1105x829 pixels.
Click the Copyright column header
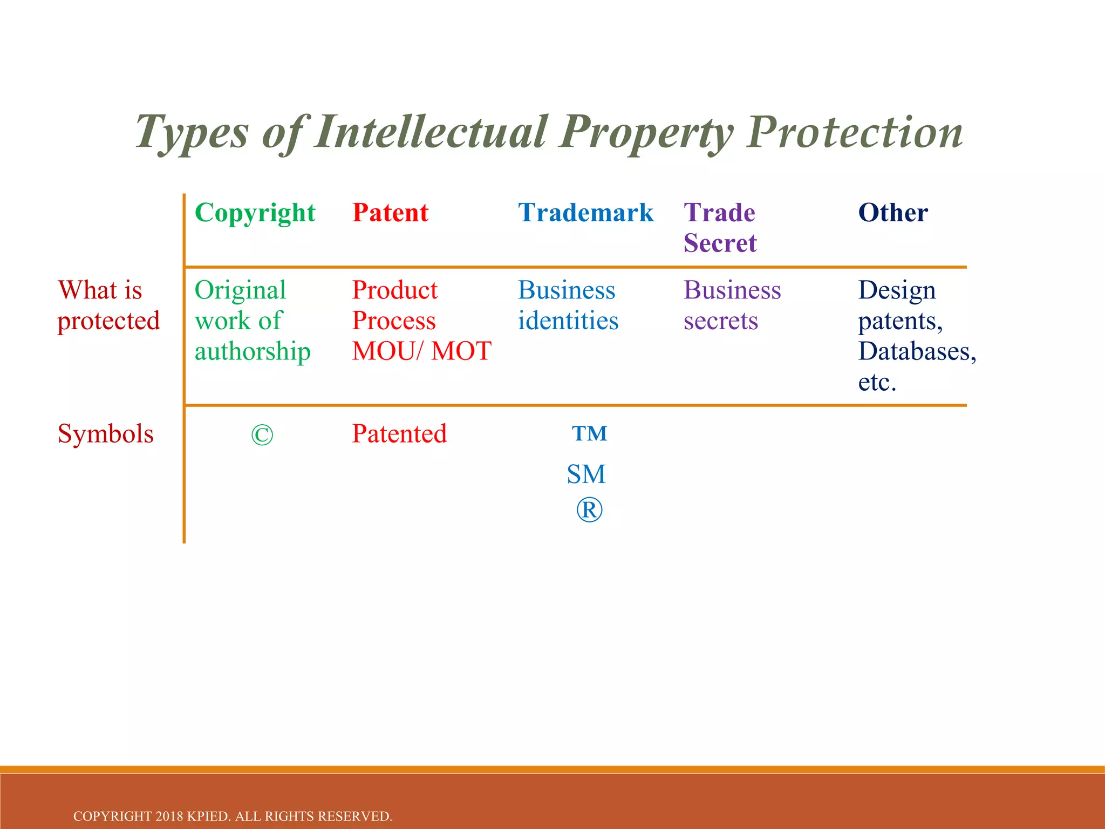coord(255,213)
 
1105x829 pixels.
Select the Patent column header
coord(390,213)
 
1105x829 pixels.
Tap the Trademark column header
coord(585,213)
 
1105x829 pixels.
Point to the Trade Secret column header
coord(720,228)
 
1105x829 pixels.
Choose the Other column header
coord(893,213)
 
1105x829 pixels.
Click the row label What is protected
coord(108,305)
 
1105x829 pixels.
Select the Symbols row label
coord(106,434)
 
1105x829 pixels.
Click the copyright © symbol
coord(262,436)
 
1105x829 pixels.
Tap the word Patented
coord(399,434)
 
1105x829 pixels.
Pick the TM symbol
coord(590,434)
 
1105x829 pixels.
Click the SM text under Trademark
coord(586,475)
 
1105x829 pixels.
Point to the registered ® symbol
coord(589,511)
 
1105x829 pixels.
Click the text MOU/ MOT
coord(421,351)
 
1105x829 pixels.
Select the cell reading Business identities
coord(568,305)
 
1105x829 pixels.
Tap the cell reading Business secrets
coord(732,305)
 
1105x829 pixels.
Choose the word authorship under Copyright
coord(253,352)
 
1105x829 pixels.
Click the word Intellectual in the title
coord(431,132)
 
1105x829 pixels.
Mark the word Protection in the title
coord(855,132)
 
